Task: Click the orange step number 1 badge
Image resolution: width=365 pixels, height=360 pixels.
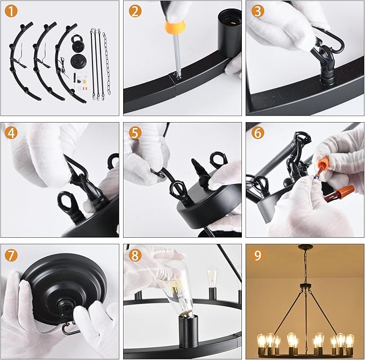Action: (x=11, y=11)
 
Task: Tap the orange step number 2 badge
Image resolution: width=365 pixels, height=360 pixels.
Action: (x=135, y=11)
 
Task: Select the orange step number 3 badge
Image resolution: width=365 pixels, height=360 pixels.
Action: (x=257, y=11)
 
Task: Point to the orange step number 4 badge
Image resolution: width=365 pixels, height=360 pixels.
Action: (x=11, y=133)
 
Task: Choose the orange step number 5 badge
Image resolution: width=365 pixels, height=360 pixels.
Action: (x=135, y=133)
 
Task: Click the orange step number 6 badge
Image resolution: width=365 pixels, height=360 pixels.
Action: (x=257, y=133)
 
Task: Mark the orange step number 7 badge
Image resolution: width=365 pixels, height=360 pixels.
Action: (x=11, y=255)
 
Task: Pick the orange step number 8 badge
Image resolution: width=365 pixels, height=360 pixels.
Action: (x=135, y=255)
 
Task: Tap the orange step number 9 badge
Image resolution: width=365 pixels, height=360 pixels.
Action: (x=257, y=255)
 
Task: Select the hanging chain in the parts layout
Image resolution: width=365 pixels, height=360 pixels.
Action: (x=106, y=63)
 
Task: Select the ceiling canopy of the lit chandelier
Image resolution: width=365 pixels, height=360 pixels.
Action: (x=306, y=246)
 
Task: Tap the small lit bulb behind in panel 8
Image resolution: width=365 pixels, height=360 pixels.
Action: (x=212, y=278)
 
